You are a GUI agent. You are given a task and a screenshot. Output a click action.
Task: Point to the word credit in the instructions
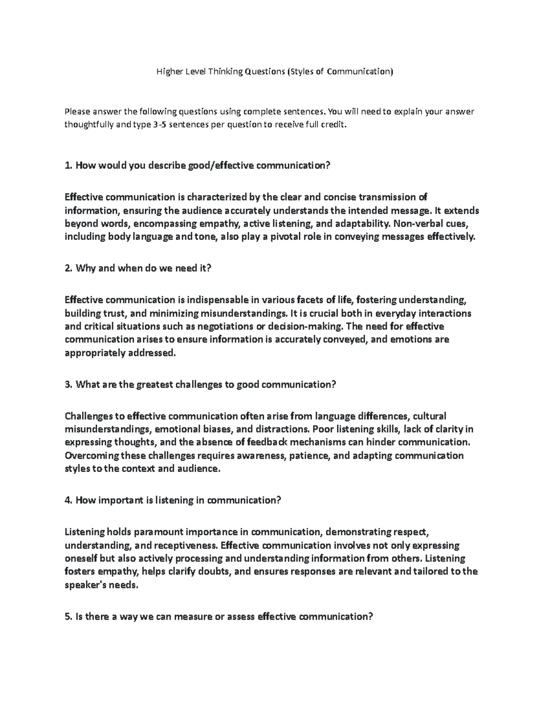330,125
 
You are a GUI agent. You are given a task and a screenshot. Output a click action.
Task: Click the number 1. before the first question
69,165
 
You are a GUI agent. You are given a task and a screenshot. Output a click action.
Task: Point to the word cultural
429,416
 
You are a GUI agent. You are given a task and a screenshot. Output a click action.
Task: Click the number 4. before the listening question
69,500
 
